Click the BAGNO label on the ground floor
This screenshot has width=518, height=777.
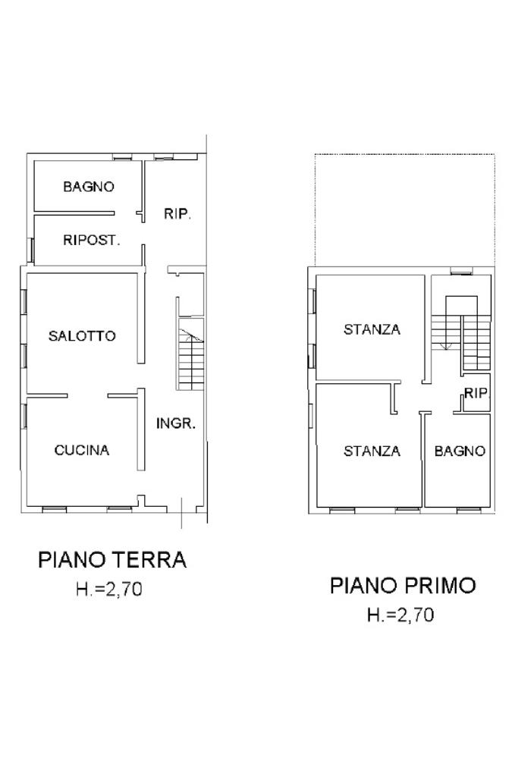(x=89, y=187)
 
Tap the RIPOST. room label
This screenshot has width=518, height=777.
(x=92, y=241)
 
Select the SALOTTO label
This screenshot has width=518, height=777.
(x=82, y=336)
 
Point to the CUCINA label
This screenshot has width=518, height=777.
(x=82, y=450)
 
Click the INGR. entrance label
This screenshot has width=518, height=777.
(x=176, y=423)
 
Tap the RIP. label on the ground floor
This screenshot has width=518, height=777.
(x=177, y=214)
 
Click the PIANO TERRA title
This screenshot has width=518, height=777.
(x=112, y=559)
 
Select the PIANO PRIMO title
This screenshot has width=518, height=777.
(x=403, y=585)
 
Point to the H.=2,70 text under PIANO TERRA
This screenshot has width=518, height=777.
(x=109, y=589)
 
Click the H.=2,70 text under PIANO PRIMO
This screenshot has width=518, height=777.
(x=400, y=615)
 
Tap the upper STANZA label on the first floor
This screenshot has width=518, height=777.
(x=372, y=329)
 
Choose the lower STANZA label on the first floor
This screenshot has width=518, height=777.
(x=372, y=451)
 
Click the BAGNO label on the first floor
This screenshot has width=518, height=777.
(x=460, y=451)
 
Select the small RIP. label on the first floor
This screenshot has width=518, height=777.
(x=476, y=394)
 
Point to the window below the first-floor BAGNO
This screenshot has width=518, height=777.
(x=469, y=509)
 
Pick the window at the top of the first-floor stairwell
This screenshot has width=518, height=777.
(x=462, y=271)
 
